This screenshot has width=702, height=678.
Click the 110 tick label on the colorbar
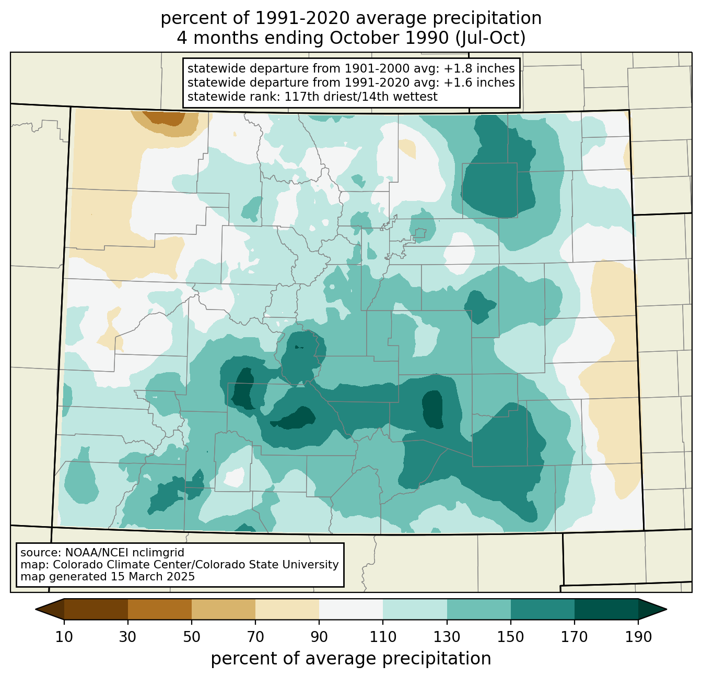(383, 637)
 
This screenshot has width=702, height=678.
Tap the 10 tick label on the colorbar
(64, 637)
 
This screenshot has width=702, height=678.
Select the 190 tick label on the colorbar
(638, 637)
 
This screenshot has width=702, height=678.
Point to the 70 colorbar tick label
(255, 637)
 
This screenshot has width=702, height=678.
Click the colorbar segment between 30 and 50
(159, 609)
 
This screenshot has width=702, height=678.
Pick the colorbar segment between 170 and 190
(606, 609)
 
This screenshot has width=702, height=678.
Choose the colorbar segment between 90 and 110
(350, 609)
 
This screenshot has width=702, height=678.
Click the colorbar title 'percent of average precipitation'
(350, 658)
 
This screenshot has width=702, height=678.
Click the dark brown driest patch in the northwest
(165, 117)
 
